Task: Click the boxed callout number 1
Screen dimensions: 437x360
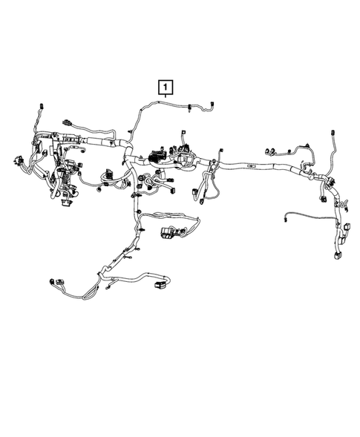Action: tap(164, 88)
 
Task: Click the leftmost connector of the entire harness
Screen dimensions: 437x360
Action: tap(15, 158)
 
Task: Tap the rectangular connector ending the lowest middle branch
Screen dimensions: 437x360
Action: tap(157, 283)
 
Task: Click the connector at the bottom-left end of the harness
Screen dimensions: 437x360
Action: tap(52, 281)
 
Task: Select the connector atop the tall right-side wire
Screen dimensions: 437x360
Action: tap(328, 135)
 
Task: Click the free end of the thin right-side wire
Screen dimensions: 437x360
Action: tap(285, 218)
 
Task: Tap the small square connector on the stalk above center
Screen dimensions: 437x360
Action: tap(180, 137)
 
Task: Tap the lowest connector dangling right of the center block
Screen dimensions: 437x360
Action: tap(199, 194)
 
